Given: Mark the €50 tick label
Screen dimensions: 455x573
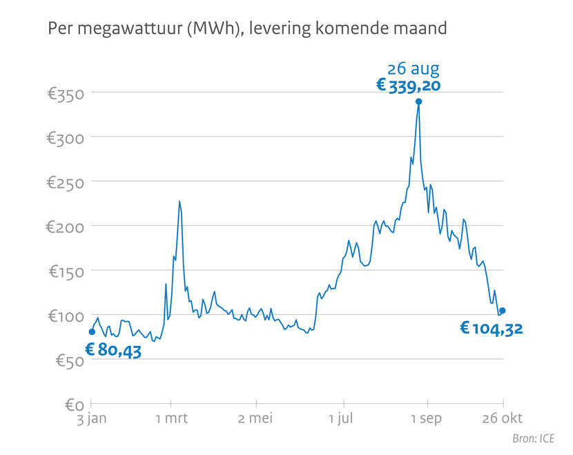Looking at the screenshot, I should (69, 360).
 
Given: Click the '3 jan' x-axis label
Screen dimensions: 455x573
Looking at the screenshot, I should (92, 419).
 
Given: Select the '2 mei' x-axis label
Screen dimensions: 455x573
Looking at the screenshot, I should (256, 419).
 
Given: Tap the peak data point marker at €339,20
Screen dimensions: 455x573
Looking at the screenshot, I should (418, 101).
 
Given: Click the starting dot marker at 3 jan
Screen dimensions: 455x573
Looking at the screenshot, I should (92, 332).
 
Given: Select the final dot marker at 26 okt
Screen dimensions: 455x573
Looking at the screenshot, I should (503, 311).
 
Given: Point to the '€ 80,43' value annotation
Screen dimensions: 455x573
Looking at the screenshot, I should (113, 350).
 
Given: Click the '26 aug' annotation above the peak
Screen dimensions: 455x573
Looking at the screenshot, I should (413, 68).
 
